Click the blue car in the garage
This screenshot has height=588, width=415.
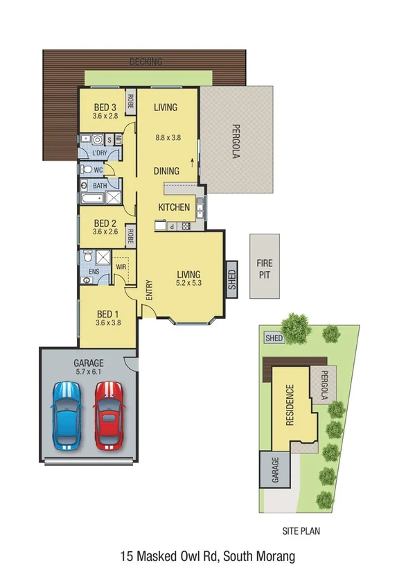[x=67, y=420]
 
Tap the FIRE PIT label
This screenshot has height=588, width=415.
[x=265, y=268]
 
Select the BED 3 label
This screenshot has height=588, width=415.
[x=105, y=107]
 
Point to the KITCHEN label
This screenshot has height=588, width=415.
[x=174, y=207]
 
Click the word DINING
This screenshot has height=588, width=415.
[x=166, y=171]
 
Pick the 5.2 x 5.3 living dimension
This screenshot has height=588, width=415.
[x=188, y=282]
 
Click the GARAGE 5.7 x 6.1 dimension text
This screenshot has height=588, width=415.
[x=88, y=372]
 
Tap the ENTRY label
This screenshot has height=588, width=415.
[x=148, y=290]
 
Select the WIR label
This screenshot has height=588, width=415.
[x=121, y=266]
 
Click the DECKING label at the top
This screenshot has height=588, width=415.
[x=145, y=62]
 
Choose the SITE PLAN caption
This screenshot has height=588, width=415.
[x=301, y=532]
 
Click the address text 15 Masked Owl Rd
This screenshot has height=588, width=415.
[x=207, y=556]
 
